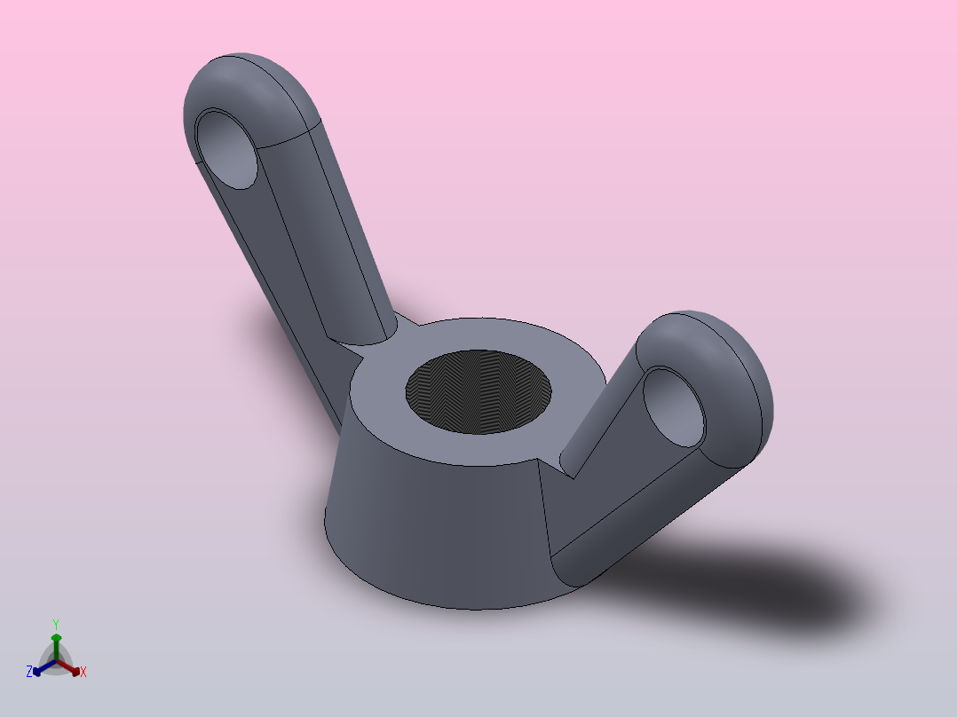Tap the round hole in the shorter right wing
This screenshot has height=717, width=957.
pos(674,407)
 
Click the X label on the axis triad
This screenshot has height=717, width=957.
pos(83,673)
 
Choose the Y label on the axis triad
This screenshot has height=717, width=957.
pos(55,624)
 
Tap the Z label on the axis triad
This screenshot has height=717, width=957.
pos(29,673)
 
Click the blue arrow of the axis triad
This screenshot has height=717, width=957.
pos(41,668)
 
